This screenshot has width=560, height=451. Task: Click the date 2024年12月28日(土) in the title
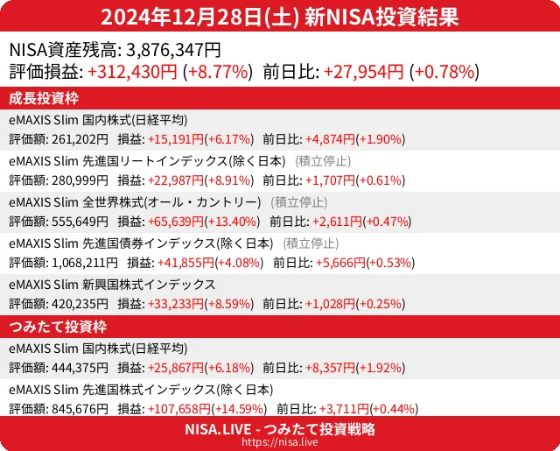[x=201, y=17]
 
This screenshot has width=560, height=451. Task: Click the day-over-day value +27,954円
[x=364, y=72]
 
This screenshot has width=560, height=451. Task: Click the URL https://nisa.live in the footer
[x=280, y=443]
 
